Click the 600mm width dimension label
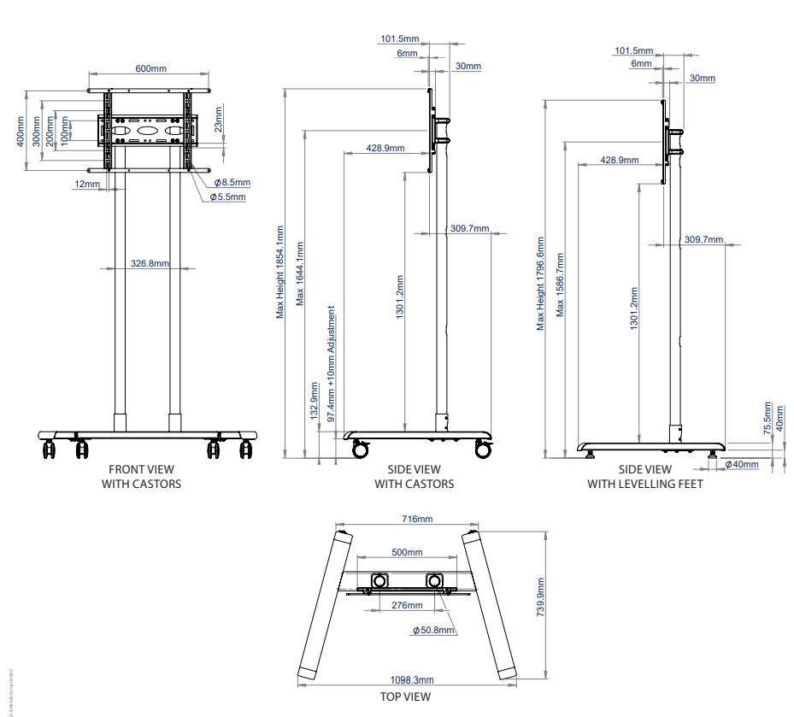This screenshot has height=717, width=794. (x=150, y=68)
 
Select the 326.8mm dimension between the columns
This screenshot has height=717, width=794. (x=150, y=263)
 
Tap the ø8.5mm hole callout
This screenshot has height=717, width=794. (x=232, y=182)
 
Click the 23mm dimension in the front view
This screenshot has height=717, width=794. (x=219, y=120)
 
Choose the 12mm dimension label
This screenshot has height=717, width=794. (x=86, y=184)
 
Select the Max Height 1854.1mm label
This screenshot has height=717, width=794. (x=279, y=272)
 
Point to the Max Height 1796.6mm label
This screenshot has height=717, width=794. (x=540, y=284)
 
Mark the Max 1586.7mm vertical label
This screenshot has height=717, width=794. (x=560, y=284)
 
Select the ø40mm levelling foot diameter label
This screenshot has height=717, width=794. (x=741, y=463)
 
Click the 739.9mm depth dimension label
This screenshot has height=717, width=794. (x=540, y=599)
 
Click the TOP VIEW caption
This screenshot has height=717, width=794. (x=405, y=696)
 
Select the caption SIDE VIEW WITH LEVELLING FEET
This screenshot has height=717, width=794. (x=645, y=476)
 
